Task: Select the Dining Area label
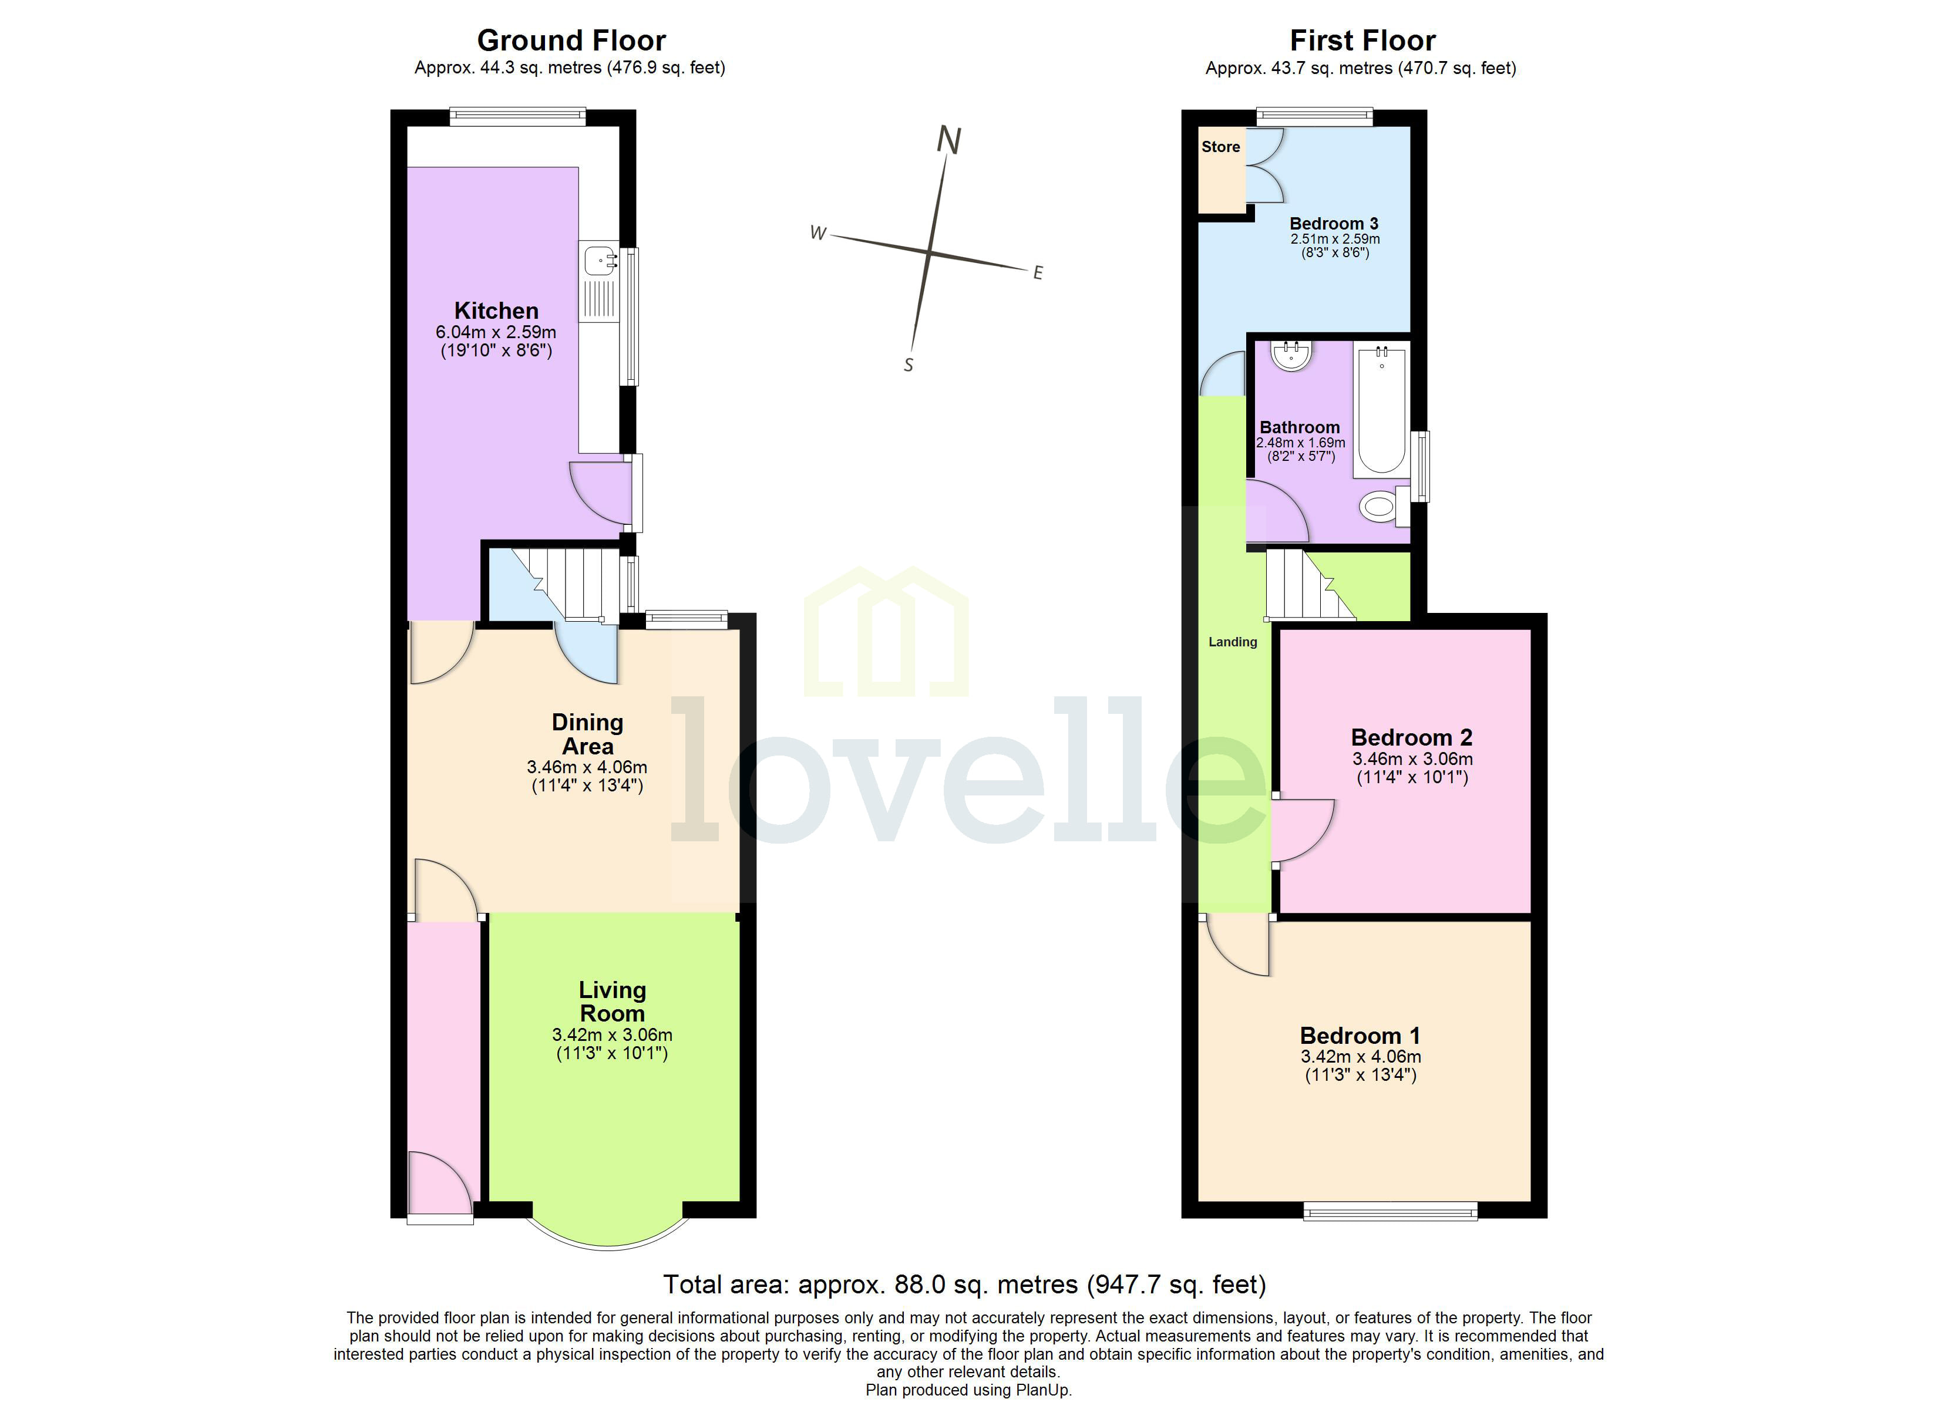pos(587,734)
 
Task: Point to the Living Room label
pos(612,1002)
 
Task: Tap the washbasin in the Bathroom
pos(1291,355)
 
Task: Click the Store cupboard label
pos(1220,147)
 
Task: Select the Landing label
pos(1232,642)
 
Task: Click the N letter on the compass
pos(948,140)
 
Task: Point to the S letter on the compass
pos(909,365)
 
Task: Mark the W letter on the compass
pos(817,233)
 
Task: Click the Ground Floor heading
pos(571,40)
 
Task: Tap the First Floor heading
pos(1362,40)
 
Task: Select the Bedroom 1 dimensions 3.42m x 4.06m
pos(1360,1057)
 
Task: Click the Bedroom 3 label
pos(1334,224)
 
